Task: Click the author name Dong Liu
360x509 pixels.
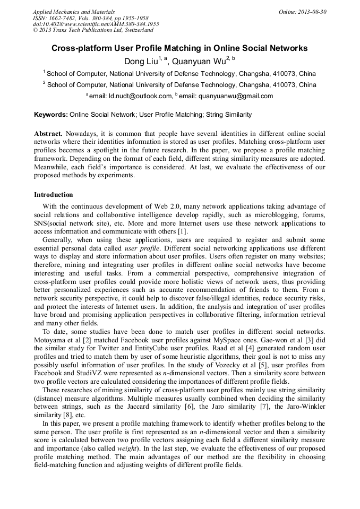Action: (141, 61)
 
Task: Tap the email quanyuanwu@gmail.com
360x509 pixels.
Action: (232, 96)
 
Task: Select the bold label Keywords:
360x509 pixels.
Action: (51, 114)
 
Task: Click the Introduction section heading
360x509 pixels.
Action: (54, 195)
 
